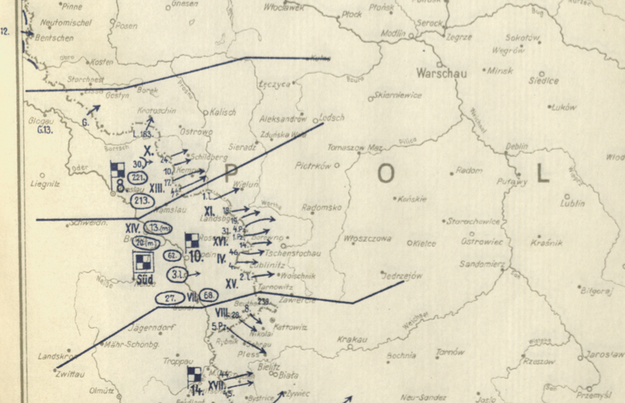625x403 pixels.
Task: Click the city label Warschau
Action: pyautogui.click(x=443, y=73)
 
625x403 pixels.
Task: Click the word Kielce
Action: pyautogui.click(x=424, y=243)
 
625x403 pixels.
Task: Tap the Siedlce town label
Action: pyautogui.click(x=543, y=80)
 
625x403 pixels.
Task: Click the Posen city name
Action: pyautogui.click(x=126, y=25)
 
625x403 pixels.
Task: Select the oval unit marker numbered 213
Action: pyautogui.click(x=142, y=201)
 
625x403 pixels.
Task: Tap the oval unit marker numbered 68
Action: pyautogui.click(x=209, y=295)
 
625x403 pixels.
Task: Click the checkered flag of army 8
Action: pyautogui.click(x=118, y=169)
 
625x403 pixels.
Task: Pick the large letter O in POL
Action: pyautogui.click(x=385, y=173)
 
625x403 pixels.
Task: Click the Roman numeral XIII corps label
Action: pyautogui.click(x=156, y=187)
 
